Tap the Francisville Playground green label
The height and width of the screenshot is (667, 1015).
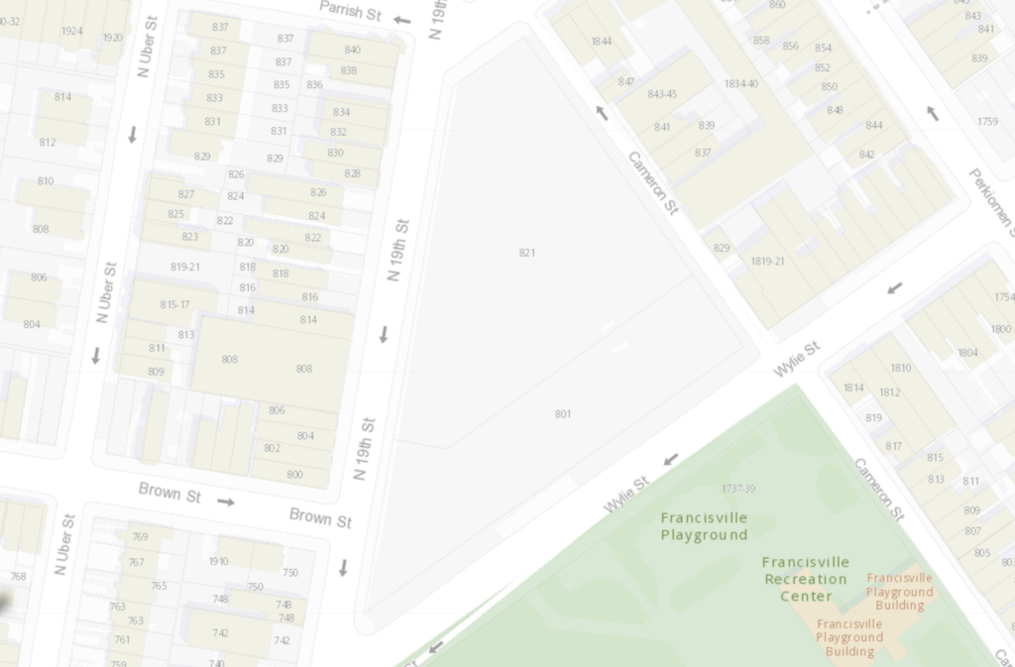[x=704, y=526]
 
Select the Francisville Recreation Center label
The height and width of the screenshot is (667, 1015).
[x=805, y=579]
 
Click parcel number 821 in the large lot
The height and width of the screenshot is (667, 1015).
[x=526, y=253]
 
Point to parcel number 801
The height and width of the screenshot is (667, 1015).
[x=563, y=414]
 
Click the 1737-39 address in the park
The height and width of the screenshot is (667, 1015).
[x=737, y=489]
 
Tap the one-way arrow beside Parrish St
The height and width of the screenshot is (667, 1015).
[x=401, y=19]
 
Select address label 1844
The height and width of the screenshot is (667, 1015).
[x=601, y=41]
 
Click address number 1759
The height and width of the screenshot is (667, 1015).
[x=987, y=122]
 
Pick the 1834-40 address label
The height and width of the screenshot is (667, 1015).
[x=740, y=84]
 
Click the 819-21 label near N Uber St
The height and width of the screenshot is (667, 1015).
[x=185, y=267]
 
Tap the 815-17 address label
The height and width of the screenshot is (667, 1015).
[x=174, y=305]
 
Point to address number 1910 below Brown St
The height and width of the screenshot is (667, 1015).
[x=218, y=561]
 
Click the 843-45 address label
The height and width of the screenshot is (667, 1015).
[x=661, y=94]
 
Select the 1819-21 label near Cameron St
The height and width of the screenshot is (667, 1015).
[x=767, y=262]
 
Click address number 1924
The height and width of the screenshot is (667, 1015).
[x=71, y=31]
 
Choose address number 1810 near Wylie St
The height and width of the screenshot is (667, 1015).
[x=900, y=368]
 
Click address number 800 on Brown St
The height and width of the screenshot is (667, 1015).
[x=294, y=475]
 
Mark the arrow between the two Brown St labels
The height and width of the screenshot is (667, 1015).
[x=226, y=501]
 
